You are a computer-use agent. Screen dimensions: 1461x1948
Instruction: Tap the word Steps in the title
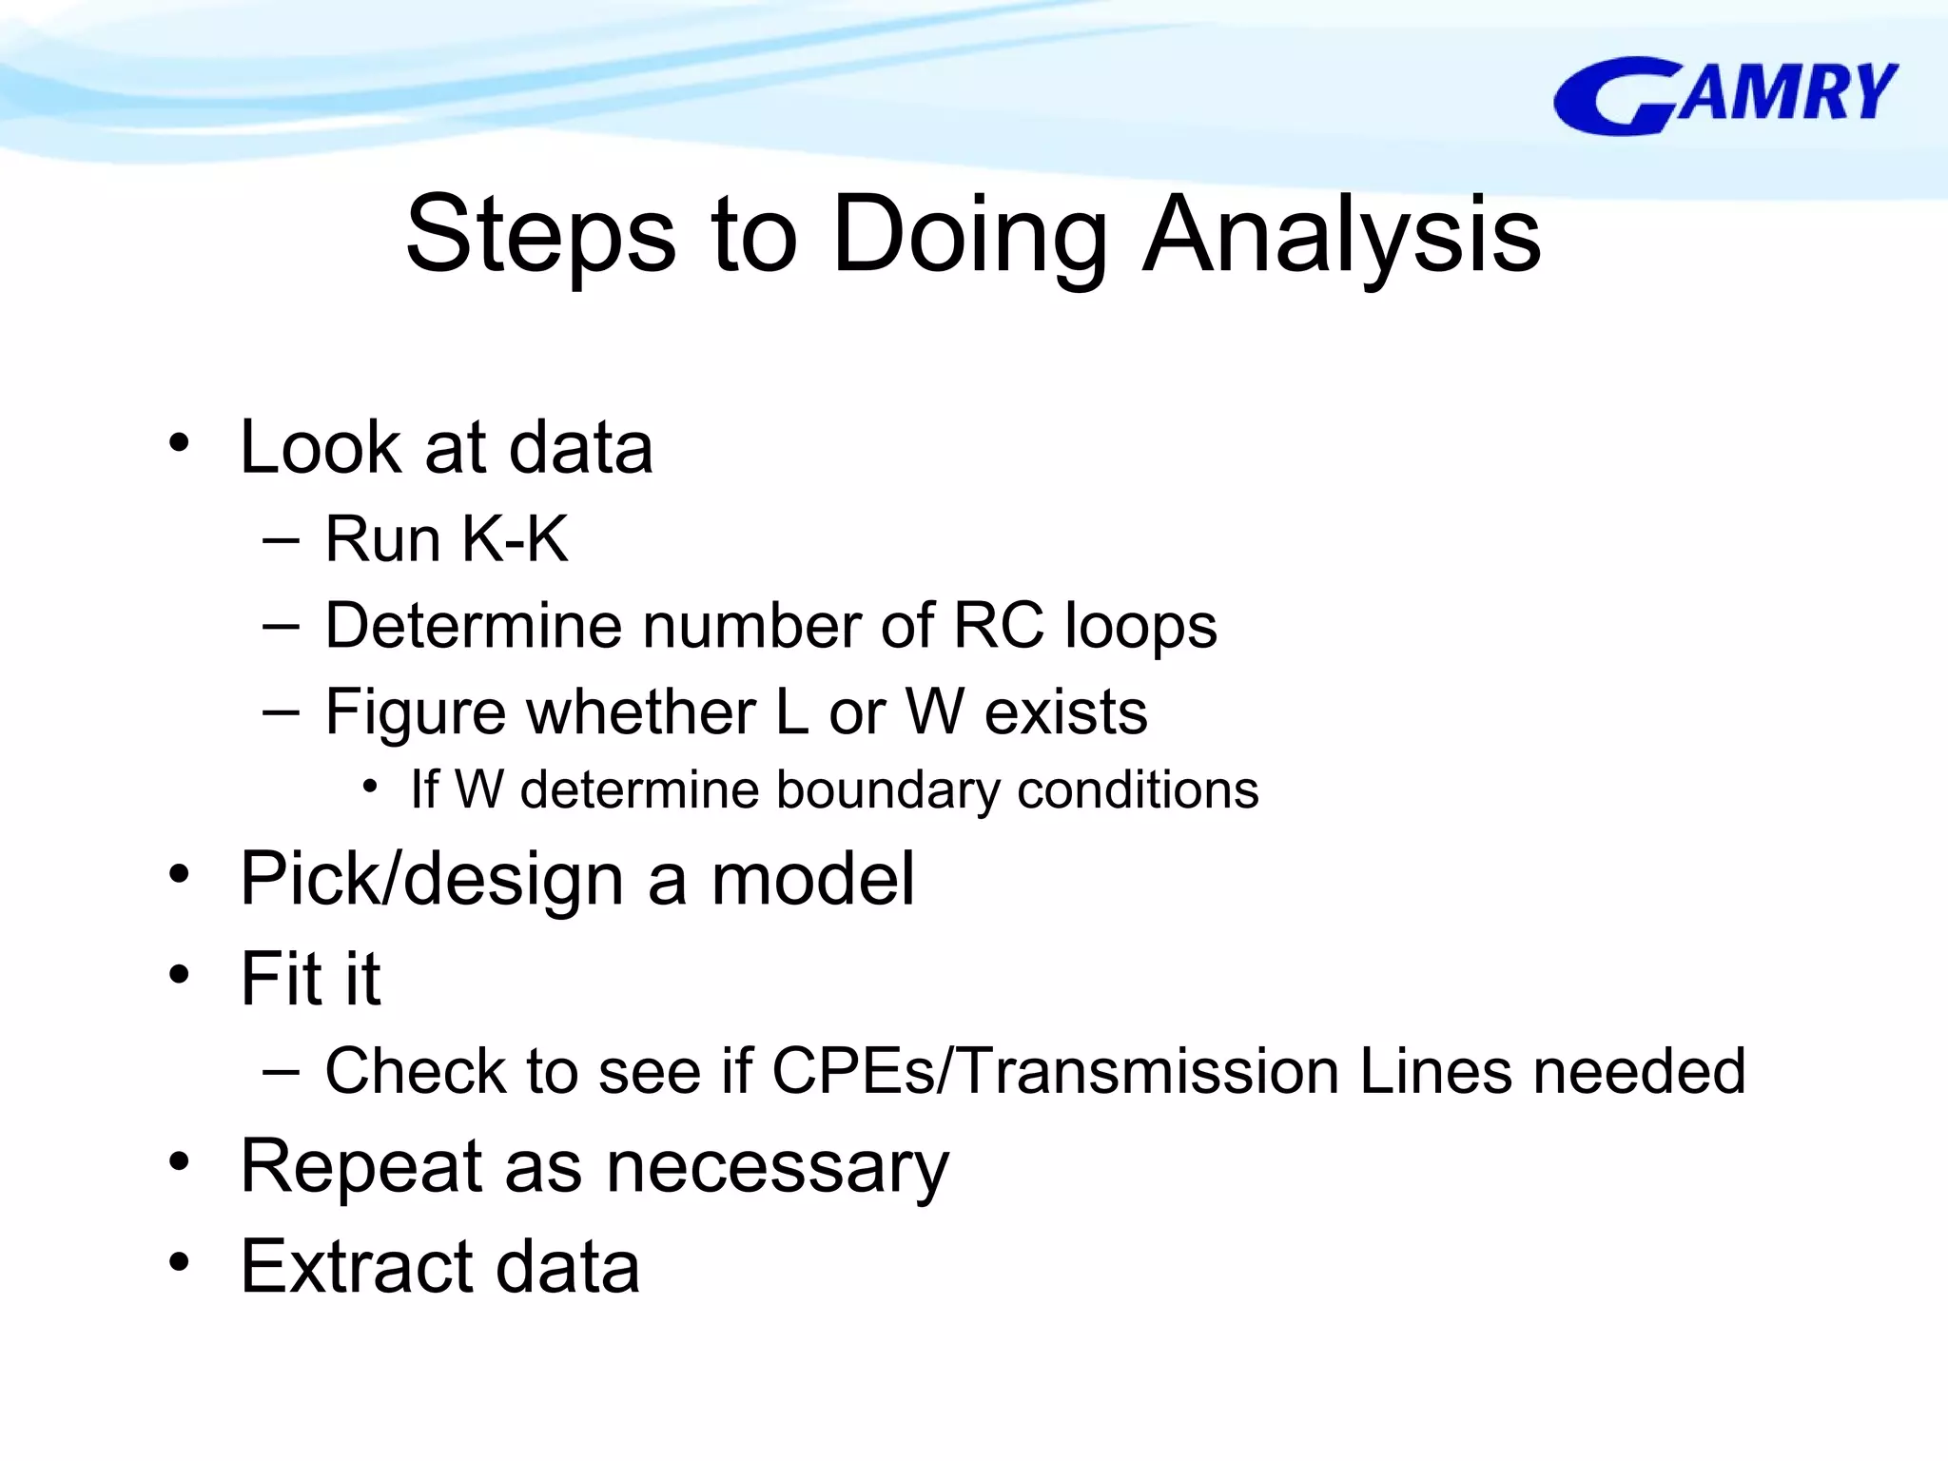click(x=540, y=234)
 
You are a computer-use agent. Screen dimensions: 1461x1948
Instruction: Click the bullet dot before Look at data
click(x=179, y=443)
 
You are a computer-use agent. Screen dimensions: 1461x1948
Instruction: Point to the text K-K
click(x=515, y=539)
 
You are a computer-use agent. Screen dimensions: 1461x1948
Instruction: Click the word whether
click(x=642, y=712)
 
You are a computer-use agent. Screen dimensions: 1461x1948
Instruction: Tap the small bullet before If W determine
click(x=371, y=787)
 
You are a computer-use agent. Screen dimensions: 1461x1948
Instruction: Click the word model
click(x=813, y=879)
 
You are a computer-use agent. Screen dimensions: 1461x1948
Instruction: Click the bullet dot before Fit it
click(x=179, y=975)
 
